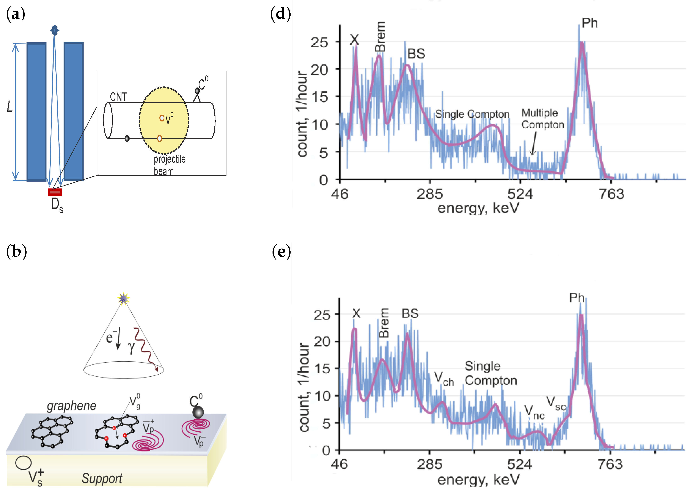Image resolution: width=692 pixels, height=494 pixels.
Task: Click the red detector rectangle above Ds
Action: click(55, 192)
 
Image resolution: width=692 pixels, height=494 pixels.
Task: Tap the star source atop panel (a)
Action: click(55, 30)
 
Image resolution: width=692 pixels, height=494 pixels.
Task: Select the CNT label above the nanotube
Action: click(118, 97)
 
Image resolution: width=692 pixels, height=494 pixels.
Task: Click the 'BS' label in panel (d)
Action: click(416, 54)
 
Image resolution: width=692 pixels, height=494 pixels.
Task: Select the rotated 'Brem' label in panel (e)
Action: click(384, 323)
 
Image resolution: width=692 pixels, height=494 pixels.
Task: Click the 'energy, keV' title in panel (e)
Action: click(478, 480)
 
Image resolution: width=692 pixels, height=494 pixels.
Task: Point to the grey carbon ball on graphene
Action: click(198, 413)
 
